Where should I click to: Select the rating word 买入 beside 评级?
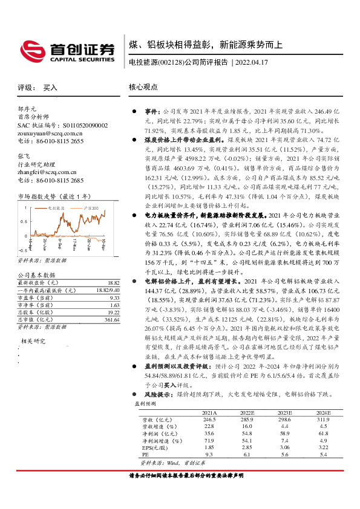pos(50,87)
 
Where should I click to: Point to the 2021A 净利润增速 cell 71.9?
pos(209,441)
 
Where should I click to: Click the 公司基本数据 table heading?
pos(33,275)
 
